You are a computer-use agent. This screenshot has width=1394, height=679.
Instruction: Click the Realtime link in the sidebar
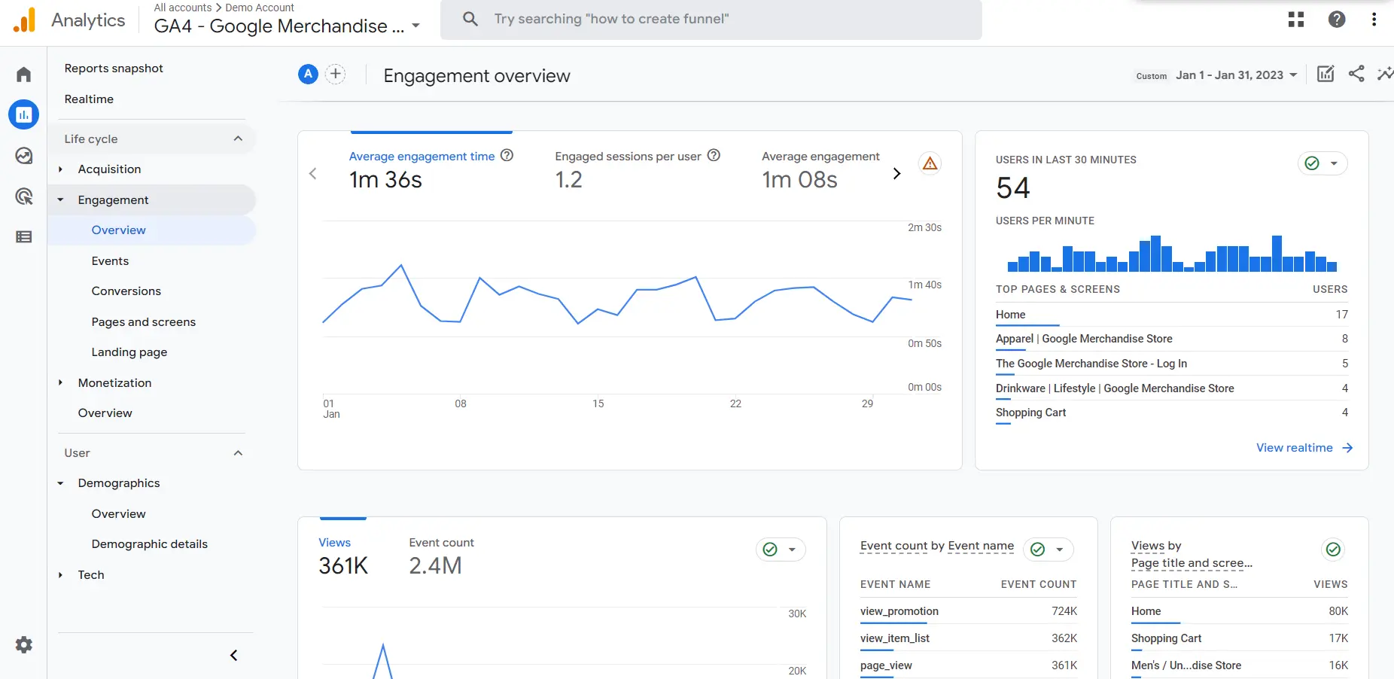[89, 99]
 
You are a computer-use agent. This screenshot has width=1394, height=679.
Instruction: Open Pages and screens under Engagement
[143, 322]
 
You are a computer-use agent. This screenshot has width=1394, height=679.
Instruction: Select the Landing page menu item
[129, 352]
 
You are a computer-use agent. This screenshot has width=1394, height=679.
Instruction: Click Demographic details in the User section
[149, 544]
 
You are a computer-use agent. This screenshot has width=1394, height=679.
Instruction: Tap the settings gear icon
[24, 645]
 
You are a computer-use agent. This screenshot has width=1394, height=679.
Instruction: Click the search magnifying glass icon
[470, 19]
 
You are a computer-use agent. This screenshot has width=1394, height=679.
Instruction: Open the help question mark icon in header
[1337, 20]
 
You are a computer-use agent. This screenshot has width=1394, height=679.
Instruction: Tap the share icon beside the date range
[1356, 74]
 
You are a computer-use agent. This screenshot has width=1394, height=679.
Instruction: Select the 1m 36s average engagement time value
[385, 180]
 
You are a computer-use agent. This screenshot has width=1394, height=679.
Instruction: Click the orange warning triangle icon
[930, 163]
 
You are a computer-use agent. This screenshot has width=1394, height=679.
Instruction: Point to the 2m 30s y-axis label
[924, 227]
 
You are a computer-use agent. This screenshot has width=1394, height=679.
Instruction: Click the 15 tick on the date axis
[598, 404]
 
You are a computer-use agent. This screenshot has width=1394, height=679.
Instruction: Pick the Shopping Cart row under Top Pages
[1030, 413]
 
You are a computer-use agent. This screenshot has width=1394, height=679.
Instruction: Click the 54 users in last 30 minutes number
[1013, 188]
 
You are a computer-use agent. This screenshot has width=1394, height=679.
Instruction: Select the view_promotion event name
[899, 611]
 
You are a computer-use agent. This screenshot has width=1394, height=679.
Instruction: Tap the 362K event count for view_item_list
[1064, 638]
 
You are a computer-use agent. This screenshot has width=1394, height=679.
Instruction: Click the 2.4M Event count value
[435, 566]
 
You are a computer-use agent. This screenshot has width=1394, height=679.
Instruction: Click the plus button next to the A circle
[336, 74]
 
